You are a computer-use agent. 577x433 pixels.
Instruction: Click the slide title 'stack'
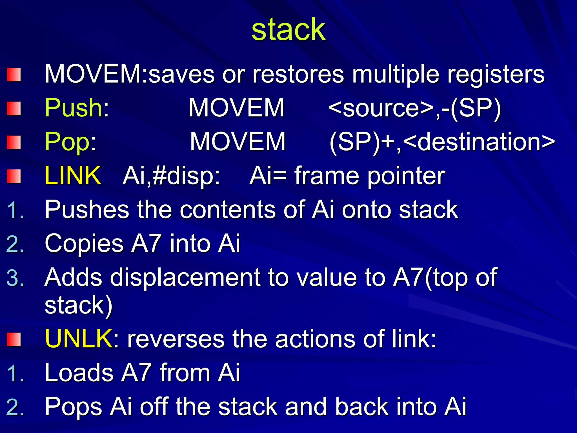288,30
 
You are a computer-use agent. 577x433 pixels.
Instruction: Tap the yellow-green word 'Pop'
67,142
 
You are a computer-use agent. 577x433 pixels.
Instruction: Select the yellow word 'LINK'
73,176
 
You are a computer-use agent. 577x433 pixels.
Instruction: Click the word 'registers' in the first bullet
496,74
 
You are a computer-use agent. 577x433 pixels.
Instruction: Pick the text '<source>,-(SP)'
414,108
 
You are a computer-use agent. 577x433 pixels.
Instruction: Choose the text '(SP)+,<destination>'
442,142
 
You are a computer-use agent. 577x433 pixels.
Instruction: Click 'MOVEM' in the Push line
236,108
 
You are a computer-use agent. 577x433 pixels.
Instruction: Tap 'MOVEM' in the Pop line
238,142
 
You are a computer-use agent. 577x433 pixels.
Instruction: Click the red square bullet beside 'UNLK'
14,339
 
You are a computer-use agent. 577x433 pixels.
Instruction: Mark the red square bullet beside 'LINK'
14,176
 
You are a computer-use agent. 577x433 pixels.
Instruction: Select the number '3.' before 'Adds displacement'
15,278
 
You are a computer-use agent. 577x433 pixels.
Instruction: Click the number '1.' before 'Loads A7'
16,373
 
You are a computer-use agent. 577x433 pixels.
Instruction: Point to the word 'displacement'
185,278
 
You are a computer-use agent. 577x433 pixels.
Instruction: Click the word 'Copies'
84,244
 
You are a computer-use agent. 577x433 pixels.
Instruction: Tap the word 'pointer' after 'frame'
406,176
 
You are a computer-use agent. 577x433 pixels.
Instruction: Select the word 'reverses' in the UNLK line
176,339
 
